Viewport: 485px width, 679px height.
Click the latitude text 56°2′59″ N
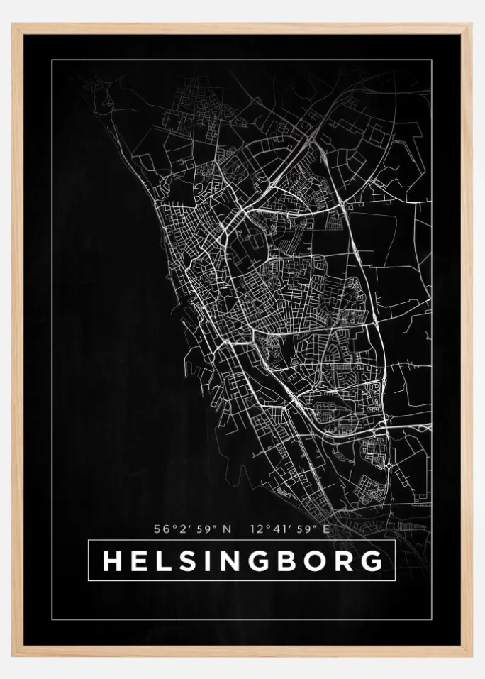pyautogui.click(x=192, y=529)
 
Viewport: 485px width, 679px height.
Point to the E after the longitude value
pyautogui.click(x=327, y=529)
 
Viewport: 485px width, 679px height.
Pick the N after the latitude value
pyautogui.click(x=227, y=529)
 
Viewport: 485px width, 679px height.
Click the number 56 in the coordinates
pyautogui.click(x=160, y=529)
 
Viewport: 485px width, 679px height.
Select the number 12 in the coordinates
pyautogui.click(x=257, y=529)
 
